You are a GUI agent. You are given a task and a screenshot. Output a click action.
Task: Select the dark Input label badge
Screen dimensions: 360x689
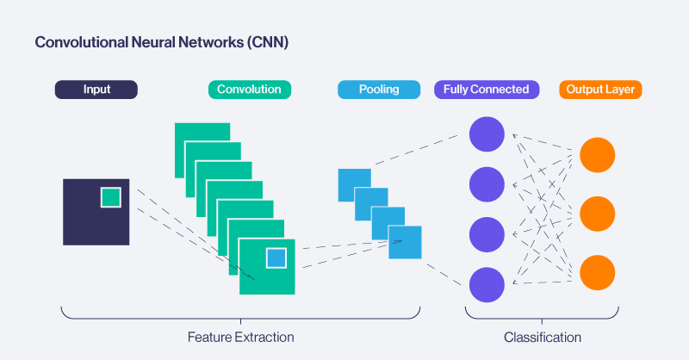tap(96, 90)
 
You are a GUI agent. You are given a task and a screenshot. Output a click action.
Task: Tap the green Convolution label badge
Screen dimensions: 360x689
tap(249, 90)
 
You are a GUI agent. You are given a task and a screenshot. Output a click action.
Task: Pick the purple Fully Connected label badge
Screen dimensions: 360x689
tap(487, 90)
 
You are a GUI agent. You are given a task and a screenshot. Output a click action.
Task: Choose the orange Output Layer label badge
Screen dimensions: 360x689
tap(600, 90)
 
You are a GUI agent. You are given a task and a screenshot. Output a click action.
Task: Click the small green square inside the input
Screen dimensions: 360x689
tap(110, 197)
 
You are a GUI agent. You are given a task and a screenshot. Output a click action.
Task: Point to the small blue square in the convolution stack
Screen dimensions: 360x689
tap(276, 258)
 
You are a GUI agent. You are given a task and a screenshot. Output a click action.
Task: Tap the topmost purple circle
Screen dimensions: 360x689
tap(486, 134)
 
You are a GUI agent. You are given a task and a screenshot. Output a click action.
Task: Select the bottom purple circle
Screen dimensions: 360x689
tap(486, 284)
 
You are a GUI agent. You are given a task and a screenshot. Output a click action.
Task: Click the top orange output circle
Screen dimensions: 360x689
tap(597, 154)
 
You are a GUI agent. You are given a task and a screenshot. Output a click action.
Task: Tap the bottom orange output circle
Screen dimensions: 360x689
tap(597, 272)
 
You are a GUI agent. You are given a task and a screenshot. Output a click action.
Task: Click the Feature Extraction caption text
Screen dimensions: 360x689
tap(240, 338)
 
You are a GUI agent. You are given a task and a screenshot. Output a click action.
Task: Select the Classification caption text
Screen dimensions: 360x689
tap(542, 338)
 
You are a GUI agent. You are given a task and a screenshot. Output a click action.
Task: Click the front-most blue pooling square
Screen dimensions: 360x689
tap(405, 242)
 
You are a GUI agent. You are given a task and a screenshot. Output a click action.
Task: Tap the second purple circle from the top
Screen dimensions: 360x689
tap(486, 184)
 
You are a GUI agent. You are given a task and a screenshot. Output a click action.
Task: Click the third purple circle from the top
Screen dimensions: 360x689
tap(486, 234)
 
